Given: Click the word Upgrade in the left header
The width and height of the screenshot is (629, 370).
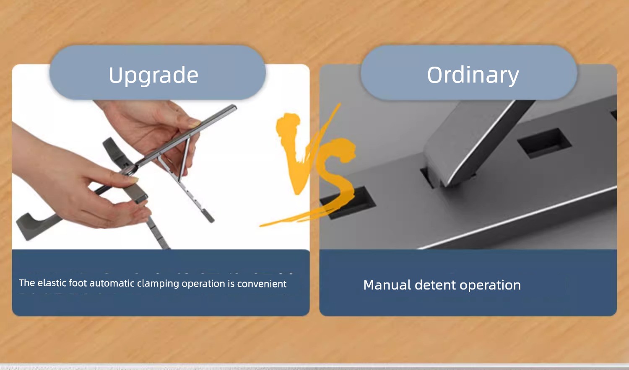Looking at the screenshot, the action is click(153, 75).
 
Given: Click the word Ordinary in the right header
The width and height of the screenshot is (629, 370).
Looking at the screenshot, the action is click(473, 75).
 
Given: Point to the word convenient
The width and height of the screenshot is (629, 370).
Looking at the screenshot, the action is click(262, 284).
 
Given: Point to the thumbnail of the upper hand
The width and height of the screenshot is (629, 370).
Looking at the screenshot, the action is click(194, 124).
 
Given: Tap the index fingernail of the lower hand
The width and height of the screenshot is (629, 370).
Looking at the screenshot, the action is click(134, 179).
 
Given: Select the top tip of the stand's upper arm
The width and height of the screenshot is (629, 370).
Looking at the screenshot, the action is click(234, 107).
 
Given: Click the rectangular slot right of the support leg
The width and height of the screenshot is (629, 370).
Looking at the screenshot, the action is click(544, 143).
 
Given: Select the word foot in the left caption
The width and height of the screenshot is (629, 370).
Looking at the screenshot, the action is click(78, 283).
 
